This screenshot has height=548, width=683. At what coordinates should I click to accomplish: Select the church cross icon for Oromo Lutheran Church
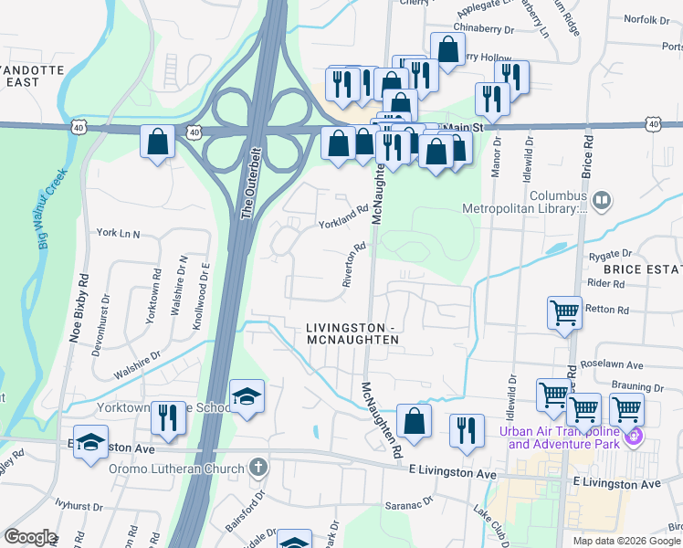[258, 468]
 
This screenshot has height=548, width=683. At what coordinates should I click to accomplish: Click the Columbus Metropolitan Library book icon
[601, 199]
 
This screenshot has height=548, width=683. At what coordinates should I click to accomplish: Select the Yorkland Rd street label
[342, 216]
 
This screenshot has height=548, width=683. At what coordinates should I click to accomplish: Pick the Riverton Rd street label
[354, 265]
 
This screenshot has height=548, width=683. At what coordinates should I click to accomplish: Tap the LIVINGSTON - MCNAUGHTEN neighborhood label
[352, 333]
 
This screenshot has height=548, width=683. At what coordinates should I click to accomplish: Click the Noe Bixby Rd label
[79, 308]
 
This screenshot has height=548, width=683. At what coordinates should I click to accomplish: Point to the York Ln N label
[118, 234]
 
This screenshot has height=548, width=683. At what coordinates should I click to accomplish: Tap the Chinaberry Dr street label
[484, 28]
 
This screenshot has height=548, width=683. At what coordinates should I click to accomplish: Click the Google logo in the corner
[30, 537]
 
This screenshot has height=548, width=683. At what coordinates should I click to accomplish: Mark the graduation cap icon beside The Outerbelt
[247, 396]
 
